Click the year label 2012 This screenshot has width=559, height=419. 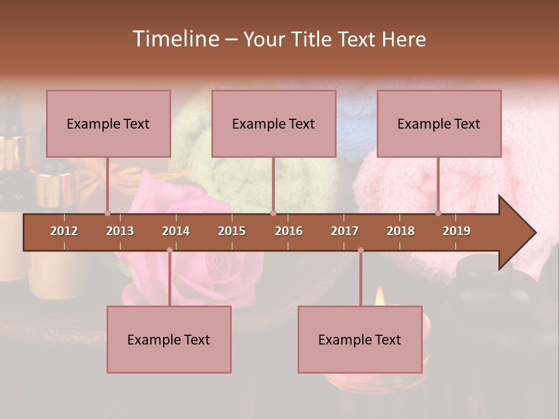click(x=64, y=231)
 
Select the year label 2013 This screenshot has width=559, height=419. click(x=120, y=231)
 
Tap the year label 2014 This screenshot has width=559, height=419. click(x=176, y=231)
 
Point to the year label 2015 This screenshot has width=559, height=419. click(x=232, y=231)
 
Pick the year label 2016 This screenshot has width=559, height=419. click(x=289, y=231)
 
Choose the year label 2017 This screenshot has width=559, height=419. click(x=345, y=231)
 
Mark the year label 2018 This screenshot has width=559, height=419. click(x=401, y=231)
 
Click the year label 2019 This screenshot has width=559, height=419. click(x=457, y=231)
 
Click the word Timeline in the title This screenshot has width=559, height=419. click(x=175, y=39)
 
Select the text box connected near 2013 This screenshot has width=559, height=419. click(x=108, y=123)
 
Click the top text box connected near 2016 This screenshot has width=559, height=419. click(x=274, y=123)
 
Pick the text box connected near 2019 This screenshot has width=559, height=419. click(x=439, y=123)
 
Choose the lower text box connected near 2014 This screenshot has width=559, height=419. click(x=169, y=339)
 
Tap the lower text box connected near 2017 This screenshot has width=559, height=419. click(x=360, y=339)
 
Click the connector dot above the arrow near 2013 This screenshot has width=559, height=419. click(x=107, y=213)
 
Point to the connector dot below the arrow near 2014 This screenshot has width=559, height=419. click(x=169, y=250)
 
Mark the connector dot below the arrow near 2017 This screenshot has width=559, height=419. click(x=360, y=250)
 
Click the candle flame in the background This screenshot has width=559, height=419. click(x=380, y=297)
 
